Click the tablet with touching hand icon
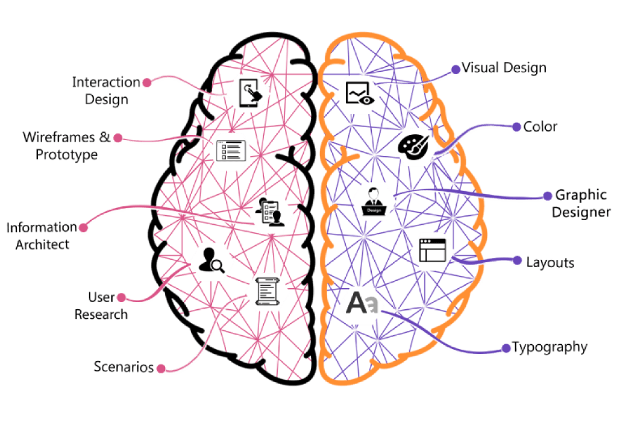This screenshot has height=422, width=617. click(249, 93)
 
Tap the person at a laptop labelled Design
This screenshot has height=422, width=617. click(373, 201)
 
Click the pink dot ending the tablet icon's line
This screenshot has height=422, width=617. click(145, 83)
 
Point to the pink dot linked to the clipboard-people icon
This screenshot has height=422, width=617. click(84, 228)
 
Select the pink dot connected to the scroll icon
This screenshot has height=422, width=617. click(160, 368)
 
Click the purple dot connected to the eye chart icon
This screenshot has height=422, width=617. click(456, 70)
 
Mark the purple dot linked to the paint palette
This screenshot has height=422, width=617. click(516, 127)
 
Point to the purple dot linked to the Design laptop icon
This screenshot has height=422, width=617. click(548, 197)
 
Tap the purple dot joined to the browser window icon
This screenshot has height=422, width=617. click(516, 260)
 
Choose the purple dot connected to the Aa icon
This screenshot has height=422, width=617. click(506, 348)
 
